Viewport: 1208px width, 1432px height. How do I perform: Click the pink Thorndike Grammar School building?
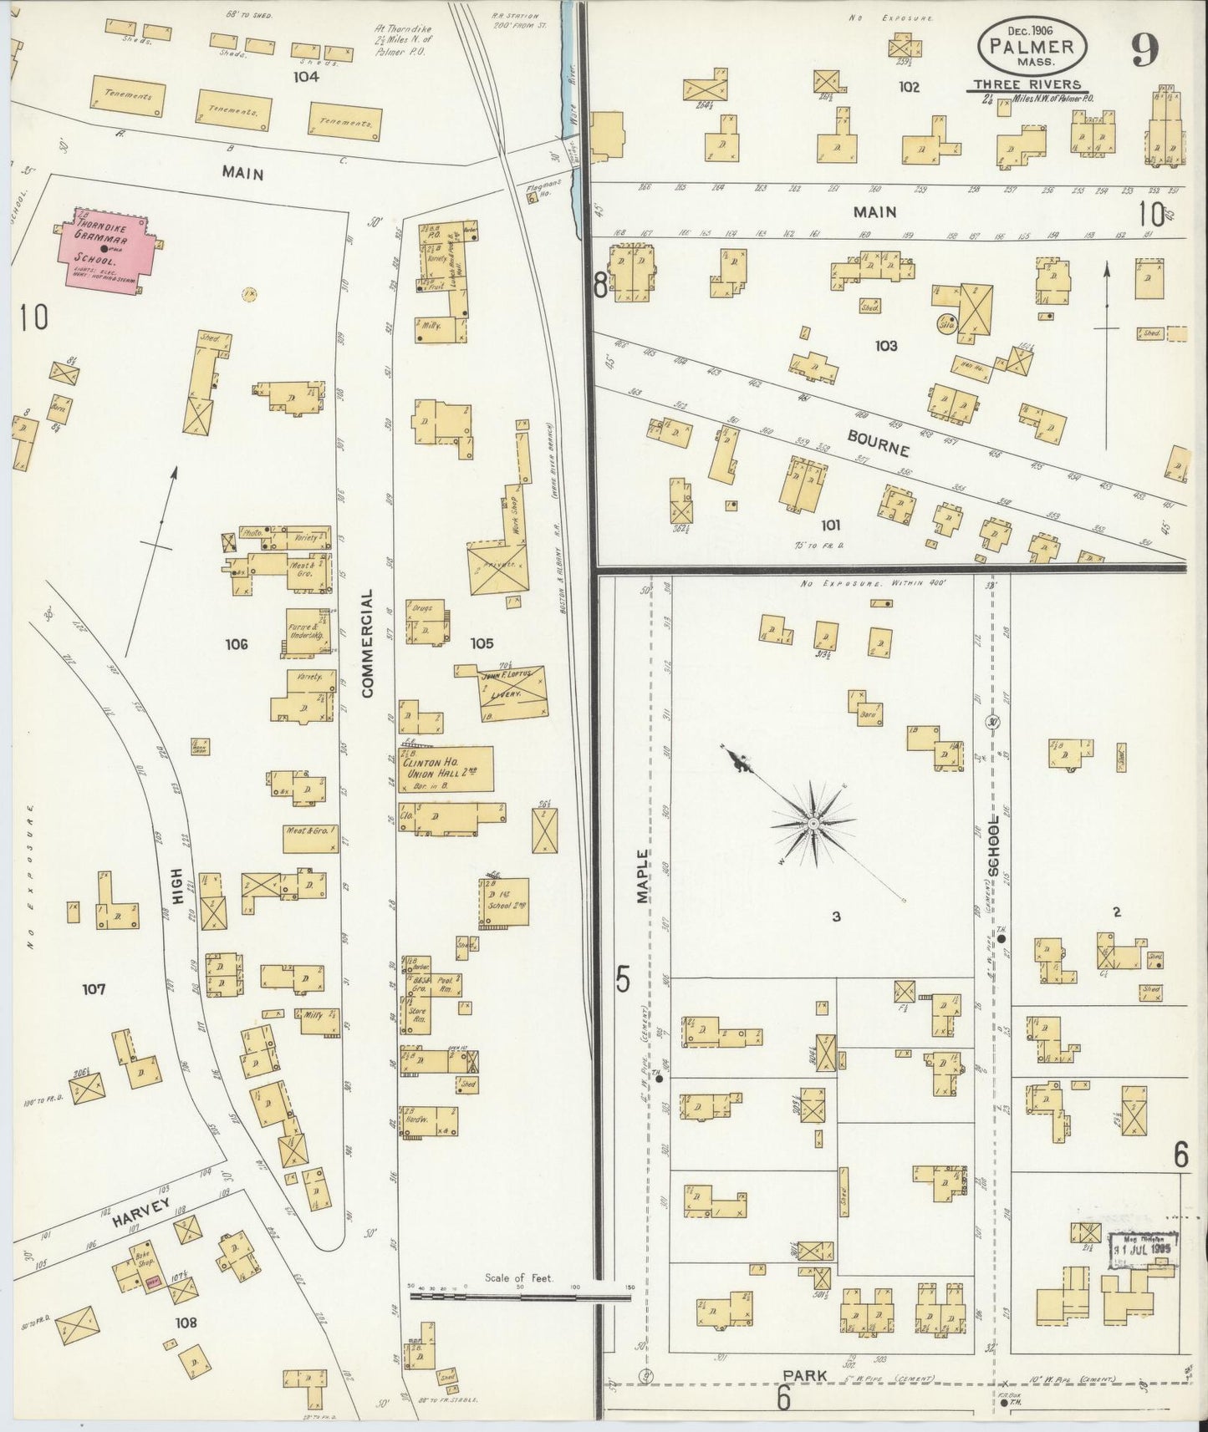point(104,249)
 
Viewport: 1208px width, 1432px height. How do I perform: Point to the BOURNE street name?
point(878,442)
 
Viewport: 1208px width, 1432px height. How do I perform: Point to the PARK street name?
point(805,1374)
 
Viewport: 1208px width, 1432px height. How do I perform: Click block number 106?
point(237,644)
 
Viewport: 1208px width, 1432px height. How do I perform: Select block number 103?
point(885,345)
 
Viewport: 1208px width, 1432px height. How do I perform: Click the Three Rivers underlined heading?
point(1026,85)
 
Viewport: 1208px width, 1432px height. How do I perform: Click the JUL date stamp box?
point(1143,1250)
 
